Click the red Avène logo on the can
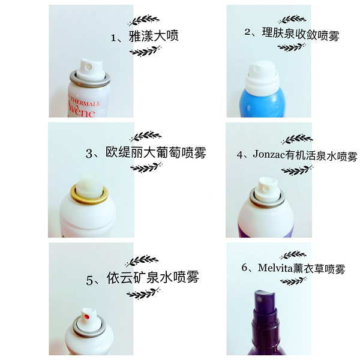tap(81, 109)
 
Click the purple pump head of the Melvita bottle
tap(265, 300)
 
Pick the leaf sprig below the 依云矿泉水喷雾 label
tap(142, 294)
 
